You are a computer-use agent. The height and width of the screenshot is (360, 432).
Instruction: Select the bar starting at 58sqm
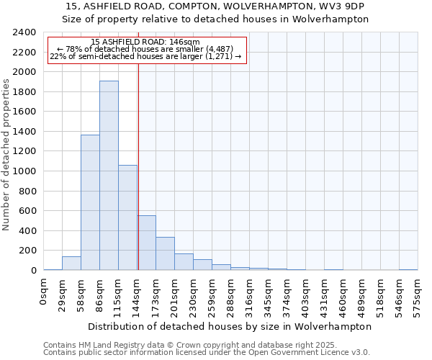click(90, 202)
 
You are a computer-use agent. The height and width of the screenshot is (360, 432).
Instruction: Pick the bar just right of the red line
click(147, 243)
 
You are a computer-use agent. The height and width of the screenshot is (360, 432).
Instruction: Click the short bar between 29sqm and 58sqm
click(71, 264)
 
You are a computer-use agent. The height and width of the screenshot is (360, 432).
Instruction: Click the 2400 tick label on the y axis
click(24, 32)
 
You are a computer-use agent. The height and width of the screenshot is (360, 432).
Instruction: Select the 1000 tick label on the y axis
click(24, 171)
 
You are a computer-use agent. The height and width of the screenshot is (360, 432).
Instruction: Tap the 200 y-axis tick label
click(27, 251)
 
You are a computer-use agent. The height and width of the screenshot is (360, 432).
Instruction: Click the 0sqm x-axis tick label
click(44, 292)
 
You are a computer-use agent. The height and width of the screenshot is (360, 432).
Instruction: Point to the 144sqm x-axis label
click(138, 296)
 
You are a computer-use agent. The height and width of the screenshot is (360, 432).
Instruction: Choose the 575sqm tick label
click(418, 296)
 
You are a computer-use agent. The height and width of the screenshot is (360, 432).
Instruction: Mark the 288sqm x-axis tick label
click(231, 296)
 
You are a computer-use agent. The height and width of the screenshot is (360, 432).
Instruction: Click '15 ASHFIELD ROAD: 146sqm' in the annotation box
click(145, 42)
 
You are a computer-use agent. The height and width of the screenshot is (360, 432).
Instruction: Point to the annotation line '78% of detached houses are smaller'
click(145, 49)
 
